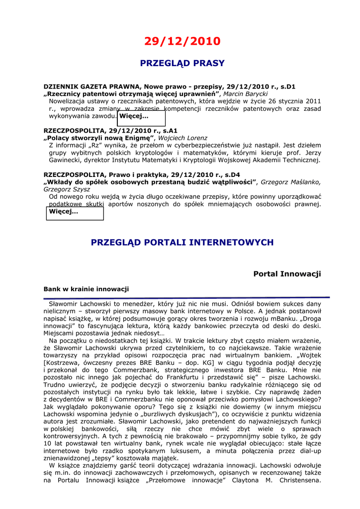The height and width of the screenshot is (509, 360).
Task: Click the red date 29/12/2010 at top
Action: pos(182,41)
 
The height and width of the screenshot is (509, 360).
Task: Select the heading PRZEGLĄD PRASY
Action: pos(182,64)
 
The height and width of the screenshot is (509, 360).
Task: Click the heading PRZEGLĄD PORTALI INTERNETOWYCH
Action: pos(182,243)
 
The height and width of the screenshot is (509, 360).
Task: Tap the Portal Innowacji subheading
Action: pos(287,274)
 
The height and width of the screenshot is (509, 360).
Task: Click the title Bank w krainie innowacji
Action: pos(86,289)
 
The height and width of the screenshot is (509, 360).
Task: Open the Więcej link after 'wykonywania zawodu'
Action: pos(134,116)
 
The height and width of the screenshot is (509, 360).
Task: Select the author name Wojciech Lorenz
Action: pos(182,138)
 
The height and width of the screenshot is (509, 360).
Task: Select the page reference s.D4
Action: pos(230,174)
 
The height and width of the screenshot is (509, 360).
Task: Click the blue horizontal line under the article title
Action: pos(186,297)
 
